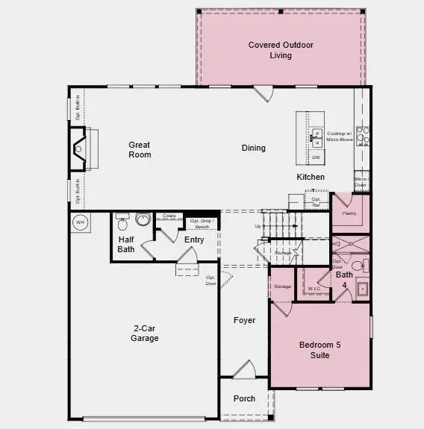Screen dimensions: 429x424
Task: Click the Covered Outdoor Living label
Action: pos(281,50)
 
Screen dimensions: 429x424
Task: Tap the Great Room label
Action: pos(140,150)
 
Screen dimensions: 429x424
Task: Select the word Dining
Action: pos(254,148)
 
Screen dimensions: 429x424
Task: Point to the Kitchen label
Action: pos(311,177)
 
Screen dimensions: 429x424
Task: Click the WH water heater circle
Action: pos(80,222)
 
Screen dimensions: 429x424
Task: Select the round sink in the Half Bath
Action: pos(143,219)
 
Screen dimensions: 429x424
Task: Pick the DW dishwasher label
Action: pos(317,157)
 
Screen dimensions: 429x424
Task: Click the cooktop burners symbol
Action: pos(362,135)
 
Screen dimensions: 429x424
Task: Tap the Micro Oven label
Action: pos(361,181)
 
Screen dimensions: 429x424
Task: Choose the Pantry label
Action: pos(349,213)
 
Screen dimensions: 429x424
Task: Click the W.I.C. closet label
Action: pos(314,288)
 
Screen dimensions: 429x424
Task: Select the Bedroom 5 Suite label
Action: pos(319,350)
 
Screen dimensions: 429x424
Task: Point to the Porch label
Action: pos(244,398)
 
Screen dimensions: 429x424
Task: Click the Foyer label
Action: pos(244,320)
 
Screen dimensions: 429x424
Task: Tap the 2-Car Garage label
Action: pos(145,334)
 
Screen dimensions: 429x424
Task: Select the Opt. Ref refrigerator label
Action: pos(317,201)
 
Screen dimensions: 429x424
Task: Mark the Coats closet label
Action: pos(169,216)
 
